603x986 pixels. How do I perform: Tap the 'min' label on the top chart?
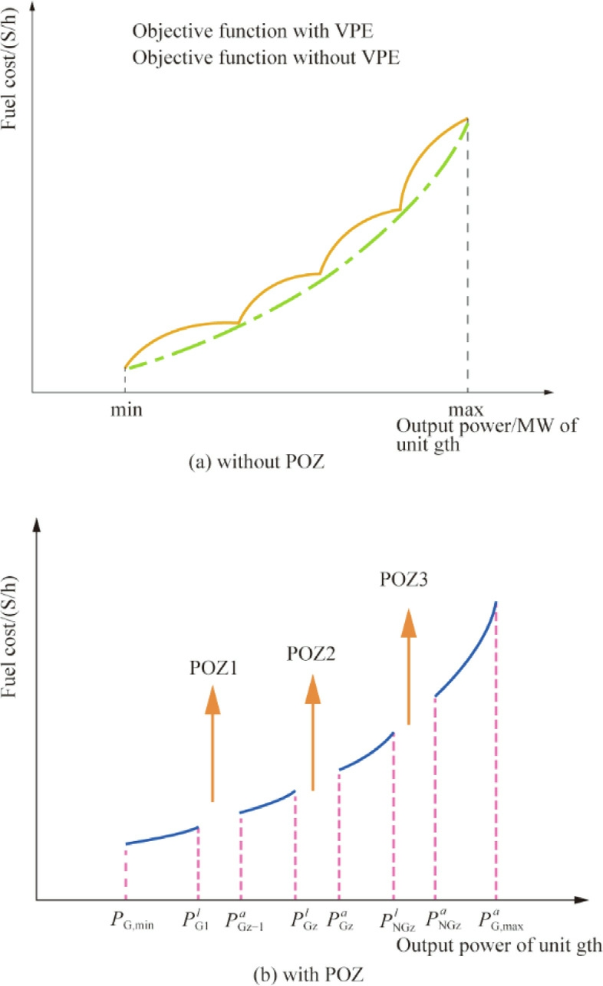[x=124, y=409]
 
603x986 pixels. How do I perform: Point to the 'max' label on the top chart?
[x=467, y=409]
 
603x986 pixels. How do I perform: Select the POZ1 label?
[x=212, y=668]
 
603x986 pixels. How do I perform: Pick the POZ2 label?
[x=311, y=654]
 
